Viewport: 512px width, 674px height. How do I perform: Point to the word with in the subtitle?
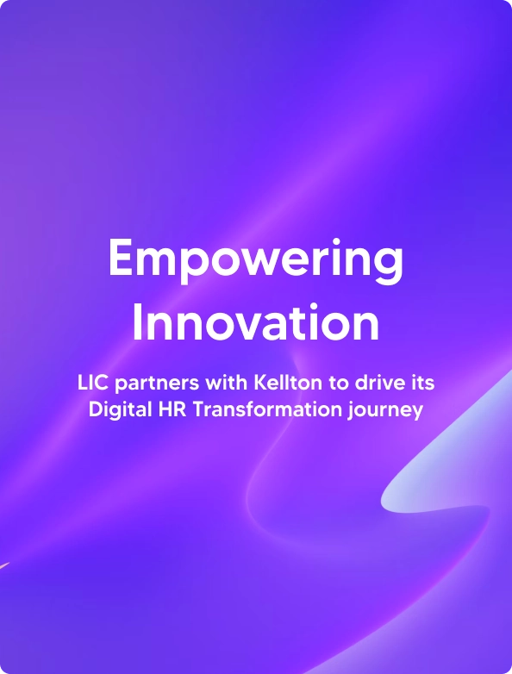(227, 383)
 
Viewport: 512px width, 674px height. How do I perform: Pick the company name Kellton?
(288, 383)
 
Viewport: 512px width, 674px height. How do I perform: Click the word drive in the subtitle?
(375, 383)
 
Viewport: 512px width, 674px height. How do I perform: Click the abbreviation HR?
(172, 409)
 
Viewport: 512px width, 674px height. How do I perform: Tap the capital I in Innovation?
(138, 322)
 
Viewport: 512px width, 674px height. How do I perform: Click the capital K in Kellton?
(260, 383)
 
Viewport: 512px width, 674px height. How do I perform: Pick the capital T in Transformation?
(198, 409)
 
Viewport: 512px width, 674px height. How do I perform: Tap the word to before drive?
(339, 384)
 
